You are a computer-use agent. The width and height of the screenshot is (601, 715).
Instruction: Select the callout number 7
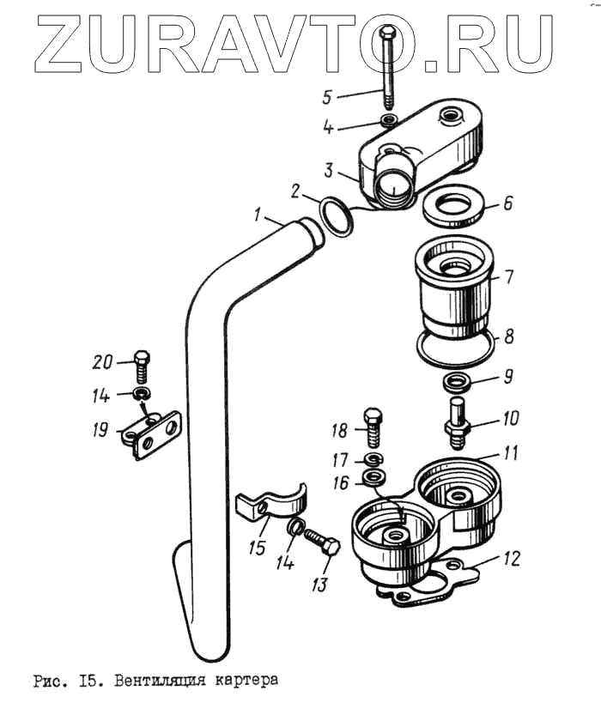coord(508,276)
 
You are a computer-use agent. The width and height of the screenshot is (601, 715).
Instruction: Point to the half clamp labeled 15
coord(272,506)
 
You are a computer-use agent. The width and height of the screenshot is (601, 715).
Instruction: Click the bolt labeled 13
coord(321,541)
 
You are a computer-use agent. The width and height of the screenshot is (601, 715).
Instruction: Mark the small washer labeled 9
coord(458,380)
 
